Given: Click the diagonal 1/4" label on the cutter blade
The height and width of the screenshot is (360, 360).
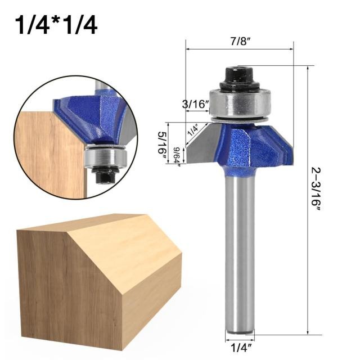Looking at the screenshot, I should click(193, 130).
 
